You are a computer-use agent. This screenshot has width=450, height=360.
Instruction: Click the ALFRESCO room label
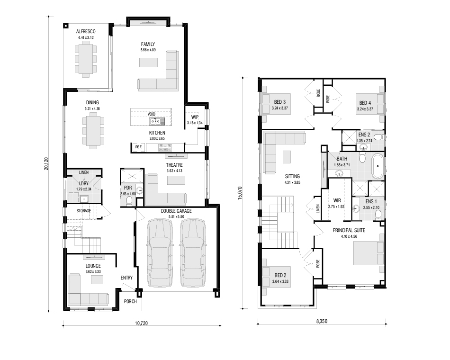[86, 31]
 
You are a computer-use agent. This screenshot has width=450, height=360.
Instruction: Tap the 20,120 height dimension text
[46, 163]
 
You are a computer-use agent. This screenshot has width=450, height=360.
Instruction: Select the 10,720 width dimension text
[141, 323]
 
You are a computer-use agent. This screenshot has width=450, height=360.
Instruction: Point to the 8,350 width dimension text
[322, 321]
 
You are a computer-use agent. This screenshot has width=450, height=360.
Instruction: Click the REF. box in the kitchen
[139, 147]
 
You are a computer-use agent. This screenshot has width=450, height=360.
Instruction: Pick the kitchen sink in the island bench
[157, 121]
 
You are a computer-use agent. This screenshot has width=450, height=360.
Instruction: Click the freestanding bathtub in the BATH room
[378, 166]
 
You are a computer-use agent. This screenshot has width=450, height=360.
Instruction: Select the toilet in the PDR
[129, 201]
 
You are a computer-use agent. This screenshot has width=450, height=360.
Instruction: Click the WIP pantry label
[195, 117]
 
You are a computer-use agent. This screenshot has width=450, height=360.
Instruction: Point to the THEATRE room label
[174, 165]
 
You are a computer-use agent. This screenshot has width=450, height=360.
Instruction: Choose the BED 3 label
[279, 102]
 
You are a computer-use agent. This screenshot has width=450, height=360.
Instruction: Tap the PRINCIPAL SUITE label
[349, 230]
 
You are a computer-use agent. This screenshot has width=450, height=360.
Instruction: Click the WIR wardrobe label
[337, 200]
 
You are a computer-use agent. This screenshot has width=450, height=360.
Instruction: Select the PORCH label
[130, 301]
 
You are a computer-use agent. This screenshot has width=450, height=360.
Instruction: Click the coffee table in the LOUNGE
[97, 279]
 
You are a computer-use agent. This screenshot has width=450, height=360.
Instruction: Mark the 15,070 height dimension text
[240, 193]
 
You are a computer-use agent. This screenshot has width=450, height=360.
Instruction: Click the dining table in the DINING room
[93, 131]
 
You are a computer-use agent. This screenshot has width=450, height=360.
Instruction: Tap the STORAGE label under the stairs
[83, 211]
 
